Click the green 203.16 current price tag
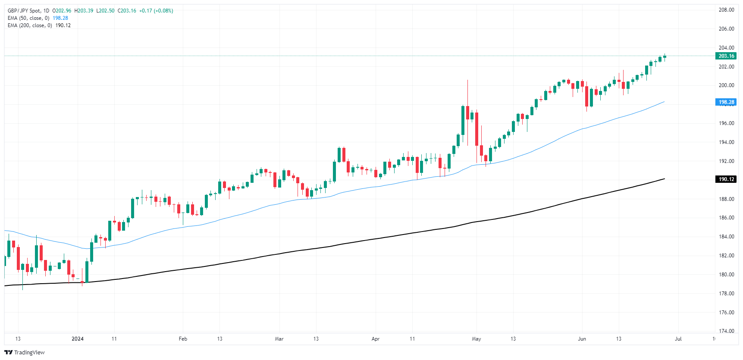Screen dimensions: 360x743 coord(726,56)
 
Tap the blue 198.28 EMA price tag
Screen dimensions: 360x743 coord(726,102)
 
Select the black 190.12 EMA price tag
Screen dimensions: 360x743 coord(726,179)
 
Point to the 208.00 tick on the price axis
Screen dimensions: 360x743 coord(726,10)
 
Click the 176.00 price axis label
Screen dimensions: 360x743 coord(726,312)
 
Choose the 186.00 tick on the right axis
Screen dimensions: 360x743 coord(726,218)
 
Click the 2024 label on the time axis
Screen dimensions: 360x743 coord(78,339)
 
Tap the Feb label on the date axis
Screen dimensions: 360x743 coord(183,339)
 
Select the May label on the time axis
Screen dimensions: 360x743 coord(476,339)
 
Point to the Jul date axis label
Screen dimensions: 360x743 coord(678,339)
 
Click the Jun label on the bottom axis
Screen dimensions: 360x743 coord(582,339)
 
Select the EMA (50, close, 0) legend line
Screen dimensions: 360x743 coord(28,18)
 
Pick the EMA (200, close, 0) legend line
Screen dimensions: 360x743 coord(30,25)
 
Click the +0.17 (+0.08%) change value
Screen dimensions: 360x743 coord(156,11)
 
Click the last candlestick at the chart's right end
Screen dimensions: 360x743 coord(665,56)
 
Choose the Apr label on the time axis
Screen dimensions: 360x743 coord(375,339)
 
